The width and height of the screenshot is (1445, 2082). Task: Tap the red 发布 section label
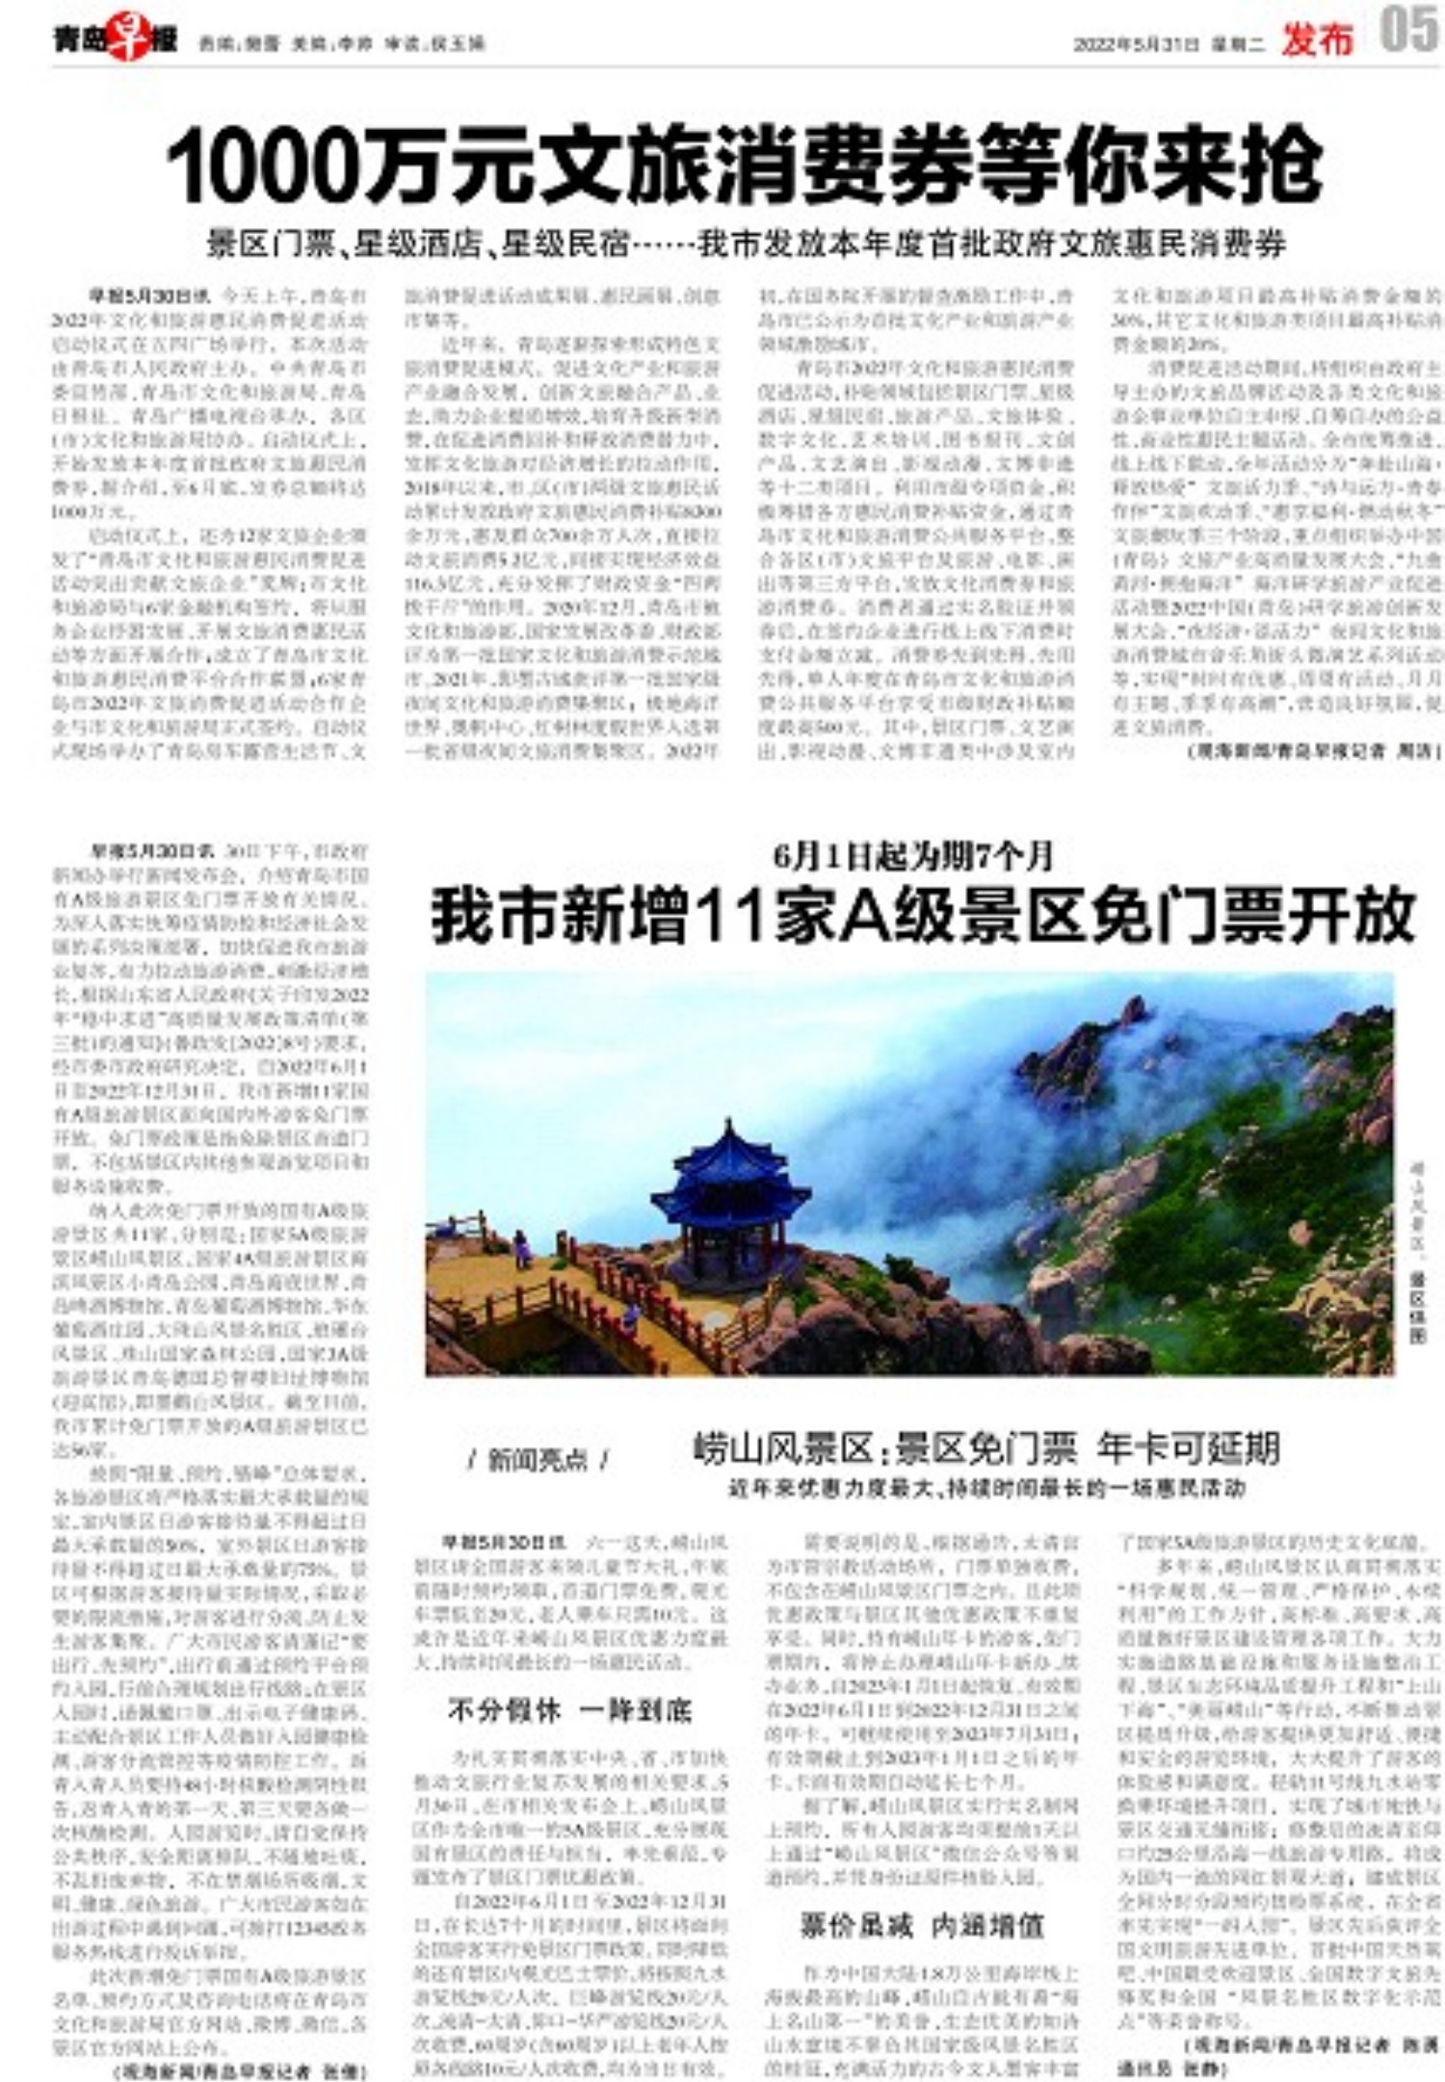tap(1317, 39)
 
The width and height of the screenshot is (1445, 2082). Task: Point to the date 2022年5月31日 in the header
tap(1136, 44)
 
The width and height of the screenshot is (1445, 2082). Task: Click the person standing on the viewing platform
tap(521, 1249)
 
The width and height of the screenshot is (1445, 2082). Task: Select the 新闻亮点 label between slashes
tap(538, 1461)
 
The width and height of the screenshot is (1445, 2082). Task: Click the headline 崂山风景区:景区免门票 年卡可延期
tap(985, 1448)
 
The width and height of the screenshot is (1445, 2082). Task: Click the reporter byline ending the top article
tap(1314, 749)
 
